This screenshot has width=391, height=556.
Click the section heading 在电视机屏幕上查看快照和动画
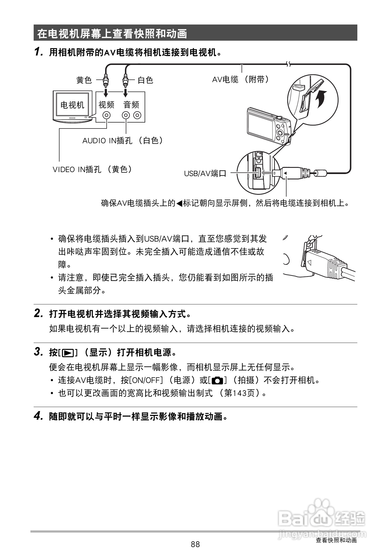112,34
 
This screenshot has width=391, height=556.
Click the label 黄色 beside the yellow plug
84,80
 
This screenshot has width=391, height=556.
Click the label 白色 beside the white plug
145,80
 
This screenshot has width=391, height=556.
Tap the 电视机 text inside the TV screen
72,105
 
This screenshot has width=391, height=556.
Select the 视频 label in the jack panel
106,105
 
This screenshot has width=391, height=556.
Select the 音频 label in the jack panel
131,105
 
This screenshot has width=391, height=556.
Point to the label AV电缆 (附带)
240,79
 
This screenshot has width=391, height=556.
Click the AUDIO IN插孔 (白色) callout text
123,140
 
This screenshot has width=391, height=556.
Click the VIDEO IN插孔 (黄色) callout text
92,169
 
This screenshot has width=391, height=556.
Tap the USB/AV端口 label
205,173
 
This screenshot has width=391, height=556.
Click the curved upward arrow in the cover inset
322,99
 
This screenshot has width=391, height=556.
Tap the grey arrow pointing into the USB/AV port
267,172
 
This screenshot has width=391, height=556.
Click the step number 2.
38,314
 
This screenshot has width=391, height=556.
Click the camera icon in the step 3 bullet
217,381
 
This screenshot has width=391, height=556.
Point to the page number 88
195,544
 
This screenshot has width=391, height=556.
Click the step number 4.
38,416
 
